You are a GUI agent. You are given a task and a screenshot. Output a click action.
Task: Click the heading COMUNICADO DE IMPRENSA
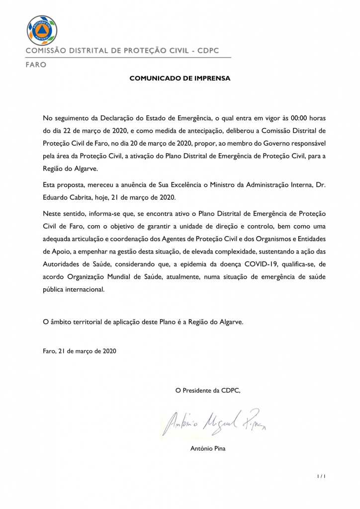[180, 78]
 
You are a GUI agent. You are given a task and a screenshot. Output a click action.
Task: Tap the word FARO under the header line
[36, 65]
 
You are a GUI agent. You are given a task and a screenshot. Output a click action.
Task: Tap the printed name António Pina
[208, 449]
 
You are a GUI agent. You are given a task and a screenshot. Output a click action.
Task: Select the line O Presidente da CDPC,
[208, 390]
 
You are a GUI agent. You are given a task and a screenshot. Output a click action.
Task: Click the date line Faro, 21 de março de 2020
[80, 351]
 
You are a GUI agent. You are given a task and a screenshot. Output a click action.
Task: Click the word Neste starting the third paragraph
[53, 214]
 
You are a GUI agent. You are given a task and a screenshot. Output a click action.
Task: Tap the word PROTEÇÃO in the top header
[145, 51]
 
